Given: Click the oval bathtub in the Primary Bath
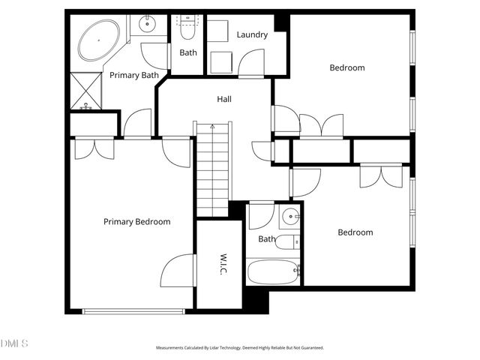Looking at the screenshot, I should [x=98, y=40].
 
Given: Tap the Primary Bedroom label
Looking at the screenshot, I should [x=136, y=222].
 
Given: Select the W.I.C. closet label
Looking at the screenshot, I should [x=223, y=264].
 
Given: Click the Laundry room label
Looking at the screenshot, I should [x=252, y=34].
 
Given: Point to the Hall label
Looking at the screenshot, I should [x=223, y=99].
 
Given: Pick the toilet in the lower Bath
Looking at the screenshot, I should [x=287, y=242].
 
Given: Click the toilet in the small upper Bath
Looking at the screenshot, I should [x=187, y=30].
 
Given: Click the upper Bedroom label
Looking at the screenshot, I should [x=347, y=68].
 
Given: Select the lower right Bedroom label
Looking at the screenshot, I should [x=355, y=232].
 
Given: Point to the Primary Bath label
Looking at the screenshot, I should [x=133, y=75].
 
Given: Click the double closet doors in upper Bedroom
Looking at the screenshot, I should [x=322, y=125].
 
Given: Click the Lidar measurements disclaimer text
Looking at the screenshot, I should [x=239, y=348].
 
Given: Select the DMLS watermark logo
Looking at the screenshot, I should [x=14, y=343].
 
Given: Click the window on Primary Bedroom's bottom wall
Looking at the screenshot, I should [x=133, y=311].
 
